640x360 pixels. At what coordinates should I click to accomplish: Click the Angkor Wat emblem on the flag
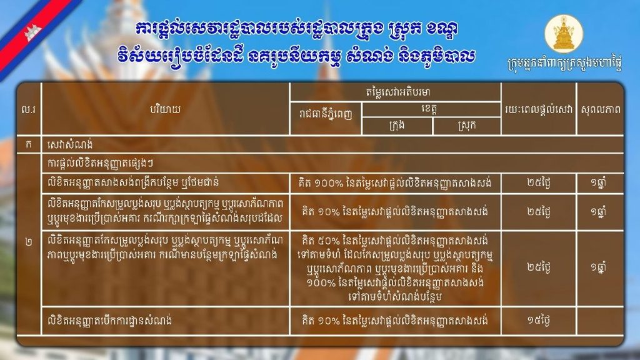[32, 33]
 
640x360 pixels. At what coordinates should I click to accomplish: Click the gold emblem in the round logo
[564, 34]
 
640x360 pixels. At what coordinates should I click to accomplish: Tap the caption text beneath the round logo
[564, 64]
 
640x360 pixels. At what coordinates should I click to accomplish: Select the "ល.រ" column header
[28, 109]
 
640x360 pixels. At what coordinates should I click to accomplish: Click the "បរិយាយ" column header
[165, 109]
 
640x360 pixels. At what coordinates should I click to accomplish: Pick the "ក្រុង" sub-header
[397, 126]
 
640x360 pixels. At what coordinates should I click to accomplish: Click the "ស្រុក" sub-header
[466, 126]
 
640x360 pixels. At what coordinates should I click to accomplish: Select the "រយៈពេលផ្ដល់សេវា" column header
[539, 109]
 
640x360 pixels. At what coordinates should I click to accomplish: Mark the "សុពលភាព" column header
[601, 109]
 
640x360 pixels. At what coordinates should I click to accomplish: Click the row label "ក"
[28, 144]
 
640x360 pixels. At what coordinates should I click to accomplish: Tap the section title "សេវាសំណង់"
[70, 144]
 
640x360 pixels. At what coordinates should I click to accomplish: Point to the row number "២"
[28, 242]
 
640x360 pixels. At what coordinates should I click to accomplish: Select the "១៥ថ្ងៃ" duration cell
[538, 321]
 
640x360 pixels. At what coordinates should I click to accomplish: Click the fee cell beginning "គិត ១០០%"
[396, 183]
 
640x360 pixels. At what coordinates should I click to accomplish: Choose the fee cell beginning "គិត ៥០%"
[395, 269]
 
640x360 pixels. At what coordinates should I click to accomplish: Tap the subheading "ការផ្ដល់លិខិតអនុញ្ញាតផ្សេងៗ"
[101, 163]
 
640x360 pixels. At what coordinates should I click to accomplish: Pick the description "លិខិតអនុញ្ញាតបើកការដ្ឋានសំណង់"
[109, 321]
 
